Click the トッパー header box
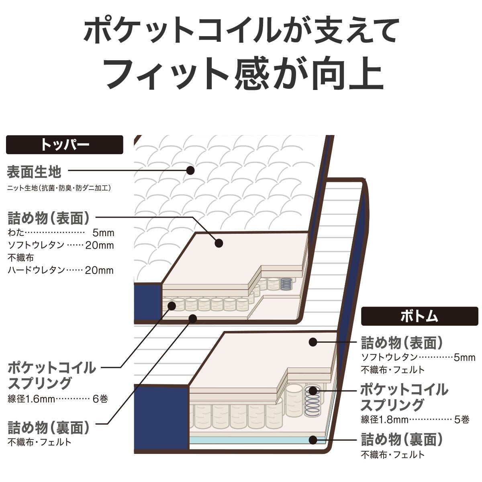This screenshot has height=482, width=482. tap(65, 145)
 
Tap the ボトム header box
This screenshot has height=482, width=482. tap(419, 317)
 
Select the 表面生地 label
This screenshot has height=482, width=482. tap(34, 172)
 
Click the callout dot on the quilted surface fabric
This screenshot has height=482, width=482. tap(191, 170)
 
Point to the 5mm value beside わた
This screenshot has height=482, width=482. tap(103, 233)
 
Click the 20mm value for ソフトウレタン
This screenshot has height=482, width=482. tap(100, 245)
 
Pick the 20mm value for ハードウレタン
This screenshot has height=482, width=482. tap(99, 270)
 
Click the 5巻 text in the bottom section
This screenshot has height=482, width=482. tap(462, 419)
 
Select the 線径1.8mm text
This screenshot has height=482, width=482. tap(385, 419)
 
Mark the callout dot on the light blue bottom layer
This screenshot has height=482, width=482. tap(313, 439)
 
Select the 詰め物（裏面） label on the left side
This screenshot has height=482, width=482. tap(49, 428)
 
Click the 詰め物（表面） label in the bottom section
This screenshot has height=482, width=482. tap(402, 343)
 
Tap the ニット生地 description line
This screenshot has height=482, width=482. tap(59, 188)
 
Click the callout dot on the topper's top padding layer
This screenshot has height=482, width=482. tap(219, 243)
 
